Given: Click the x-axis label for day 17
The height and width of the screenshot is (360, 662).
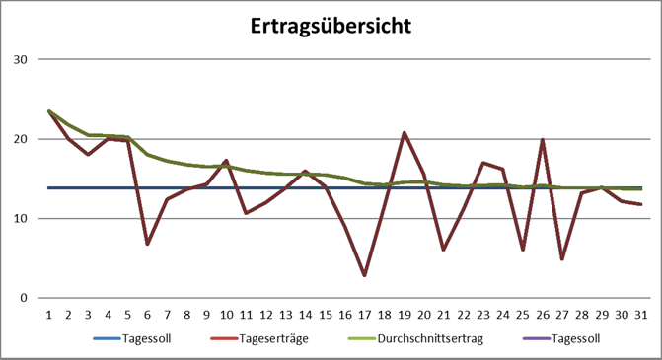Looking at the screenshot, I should tap(364, 314).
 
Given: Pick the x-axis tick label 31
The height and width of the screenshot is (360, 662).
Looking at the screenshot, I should tap(641, 314).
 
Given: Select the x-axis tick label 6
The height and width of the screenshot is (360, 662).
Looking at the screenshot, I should tap(147, 314).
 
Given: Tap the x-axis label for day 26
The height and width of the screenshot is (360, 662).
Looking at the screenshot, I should tap(543, 314).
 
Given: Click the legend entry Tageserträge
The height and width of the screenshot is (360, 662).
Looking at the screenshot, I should tap(257, 339).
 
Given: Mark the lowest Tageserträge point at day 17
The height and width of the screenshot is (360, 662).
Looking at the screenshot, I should tap(364, 275).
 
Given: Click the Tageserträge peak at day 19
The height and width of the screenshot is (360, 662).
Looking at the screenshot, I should tap(405, 132).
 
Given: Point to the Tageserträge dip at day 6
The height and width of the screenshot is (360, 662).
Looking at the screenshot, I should tap(147, 244).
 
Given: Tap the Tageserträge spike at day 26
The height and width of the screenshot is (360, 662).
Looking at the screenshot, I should tap(543, 139).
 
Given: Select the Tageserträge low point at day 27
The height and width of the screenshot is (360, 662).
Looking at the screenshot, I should tap(562, 258).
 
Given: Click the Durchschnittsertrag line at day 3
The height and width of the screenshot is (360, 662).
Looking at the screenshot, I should tap(88, 135).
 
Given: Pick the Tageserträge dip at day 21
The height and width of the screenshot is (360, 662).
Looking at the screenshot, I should tap(444, 250).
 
